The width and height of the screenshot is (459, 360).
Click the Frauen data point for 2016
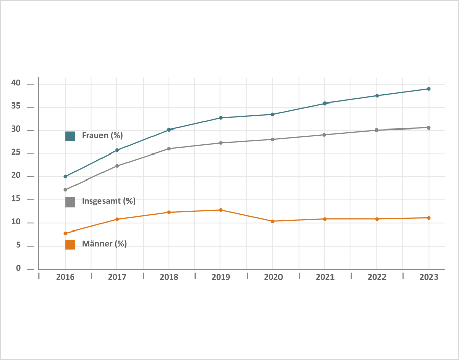point(65,176)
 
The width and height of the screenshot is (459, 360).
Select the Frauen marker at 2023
point(429,89)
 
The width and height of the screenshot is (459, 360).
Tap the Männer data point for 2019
point(221,210)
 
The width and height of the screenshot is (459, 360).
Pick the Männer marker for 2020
point(273,221)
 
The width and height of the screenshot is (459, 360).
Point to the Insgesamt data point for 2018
point(169,149)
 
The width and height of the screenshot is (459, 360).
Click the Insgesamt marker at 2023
point(429,127)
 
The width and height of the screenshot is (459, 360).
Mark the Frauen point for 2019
point(221,118)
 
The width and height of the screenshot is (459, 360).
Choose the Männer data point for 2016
point(65,233)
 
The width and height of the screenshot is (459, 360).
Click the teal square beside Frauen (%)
point(70,136)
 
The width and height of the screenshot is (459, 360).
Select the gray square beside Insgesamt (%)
point(70,202)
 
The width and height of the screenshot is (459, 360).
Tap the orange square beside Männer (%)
point(70,245)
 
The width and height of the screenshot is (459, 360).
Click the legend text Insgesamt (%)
point(108,201)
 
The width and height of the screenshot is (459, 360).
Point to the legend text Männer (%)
point(104,244)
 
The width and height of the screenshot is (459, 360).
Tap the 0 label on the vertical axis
point(18,268)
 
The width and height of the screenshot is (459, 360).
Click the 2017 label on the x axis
point(117,277)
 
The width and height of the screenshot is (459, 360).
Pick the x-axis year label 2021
point(325,277)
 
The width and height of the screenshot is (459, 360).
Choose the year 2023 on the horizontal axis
point(429,277)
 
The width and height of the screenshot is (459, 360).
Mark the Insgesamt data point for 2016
point(65,190)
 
